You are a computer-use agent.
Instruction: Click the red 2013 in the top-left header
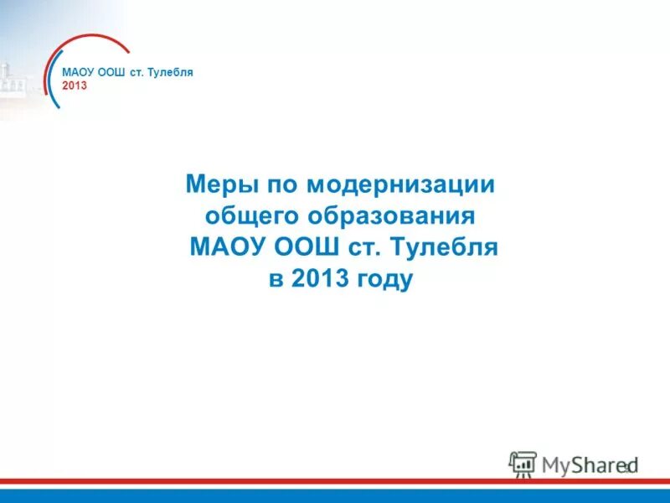[x=74, y=86]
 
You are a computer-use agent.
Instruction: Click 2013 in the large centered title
[x=319, y=279]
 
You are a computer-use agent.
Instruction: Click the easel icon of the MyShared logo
[x=523, y=464]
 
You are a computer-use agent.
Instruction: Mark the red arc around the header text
[x=92, y=39]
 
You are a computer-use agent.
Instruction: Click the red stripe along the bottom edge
[x=335, y=482]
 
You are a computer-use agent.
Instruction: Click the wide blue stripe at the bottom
[x=335, y=495]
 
